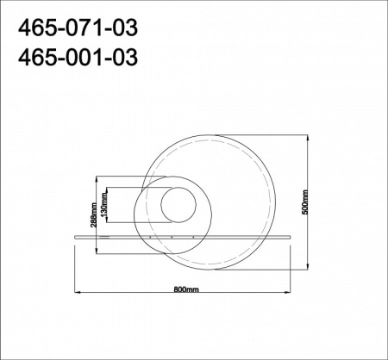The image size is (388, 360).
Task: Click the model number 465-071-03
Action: click(x=76, y=30)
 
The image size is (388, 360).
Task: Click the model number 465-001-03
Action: click(x=76, y=58)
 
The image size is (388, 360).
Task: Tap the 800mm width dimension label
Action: click(x=186, y=290)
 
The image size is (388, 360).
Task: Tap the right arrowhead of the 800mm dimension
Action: click(x=297, y=295)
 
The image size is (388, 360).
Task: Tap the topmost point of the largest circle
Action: click(x=211, y=132)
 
